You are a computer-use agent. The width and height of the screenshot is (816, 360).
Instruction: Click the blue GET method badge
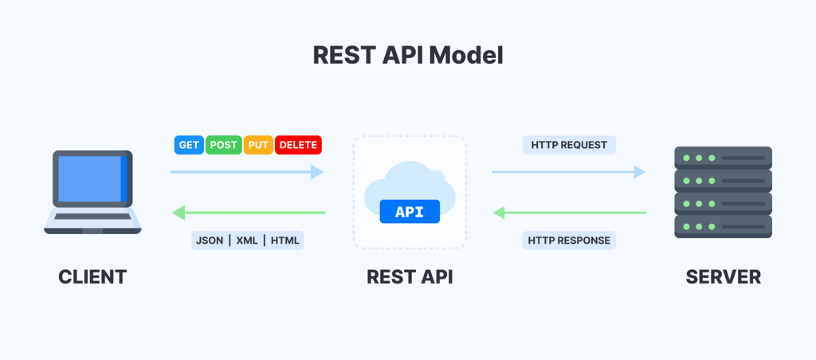pos(189,145)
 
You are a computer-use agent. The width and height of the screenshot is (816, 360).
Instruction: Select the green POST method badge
pos(224,145)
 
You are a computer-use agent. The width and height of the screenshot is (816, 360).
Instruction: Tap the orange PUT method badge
pos(258,145)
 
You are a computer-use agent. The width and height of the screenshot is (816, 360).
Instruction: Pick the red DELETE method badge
pos(298,145)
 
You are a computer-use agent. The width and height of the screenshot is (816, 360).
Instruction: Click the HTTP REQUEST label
pos(569,145)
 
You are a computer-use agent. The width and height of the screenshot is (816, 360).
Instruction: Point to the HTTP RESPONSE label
pos(569,241)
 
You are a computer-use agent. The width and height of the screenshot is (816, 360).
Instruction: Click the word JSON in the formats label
pos(210,241)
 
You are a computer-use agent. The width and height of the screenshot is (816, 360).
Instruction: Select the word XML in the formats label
pos(247,241)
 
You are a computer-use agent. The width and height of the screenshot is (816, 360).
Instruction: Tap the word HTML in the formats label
pos(285,241)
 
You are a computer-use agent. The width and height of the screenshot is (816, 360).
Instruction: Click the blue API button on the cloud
pos(410,211)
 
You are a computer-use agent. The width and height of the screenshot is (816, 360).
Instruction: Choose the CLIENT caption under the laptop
pos(92,277)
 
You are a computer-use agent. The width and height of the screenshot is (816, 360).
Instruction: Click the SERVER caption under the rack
pos(723,277)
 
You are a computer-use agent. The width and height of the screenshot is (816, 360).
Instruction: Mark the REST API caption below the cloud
pos(410,277)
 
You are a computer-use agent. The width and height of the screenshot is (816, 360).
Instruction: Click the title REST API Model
pos(408,55)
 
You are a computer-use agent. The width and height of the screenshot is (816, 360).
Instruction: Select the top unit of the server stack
pos(723,158)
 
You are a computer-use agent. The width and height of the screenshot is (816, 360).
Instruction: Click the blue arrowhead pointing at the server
pos(639,172)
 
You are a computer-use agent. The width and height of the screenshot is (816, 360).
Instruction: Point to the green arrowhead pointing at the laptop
pos(179,213)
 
